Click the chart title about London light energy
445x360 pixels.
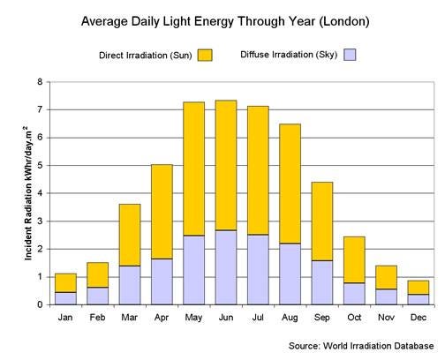pos(222,19)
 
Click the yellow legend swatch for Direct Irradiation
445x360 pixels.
pos(205,55)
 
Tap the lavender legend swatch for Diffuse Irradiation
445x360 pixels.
pos(350,55)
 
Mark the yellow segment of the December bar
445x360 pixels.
pos(418,287)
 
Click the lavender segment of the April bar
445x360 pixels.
pos(162,281)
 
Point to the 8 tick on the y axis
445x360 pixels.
pos(39,82)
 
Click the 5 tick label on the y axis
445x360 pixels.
pos(39,165)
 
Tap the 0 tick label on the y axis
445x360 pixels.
pos(39,304)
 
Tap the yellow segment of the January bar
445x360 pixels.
pos(65,282)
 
